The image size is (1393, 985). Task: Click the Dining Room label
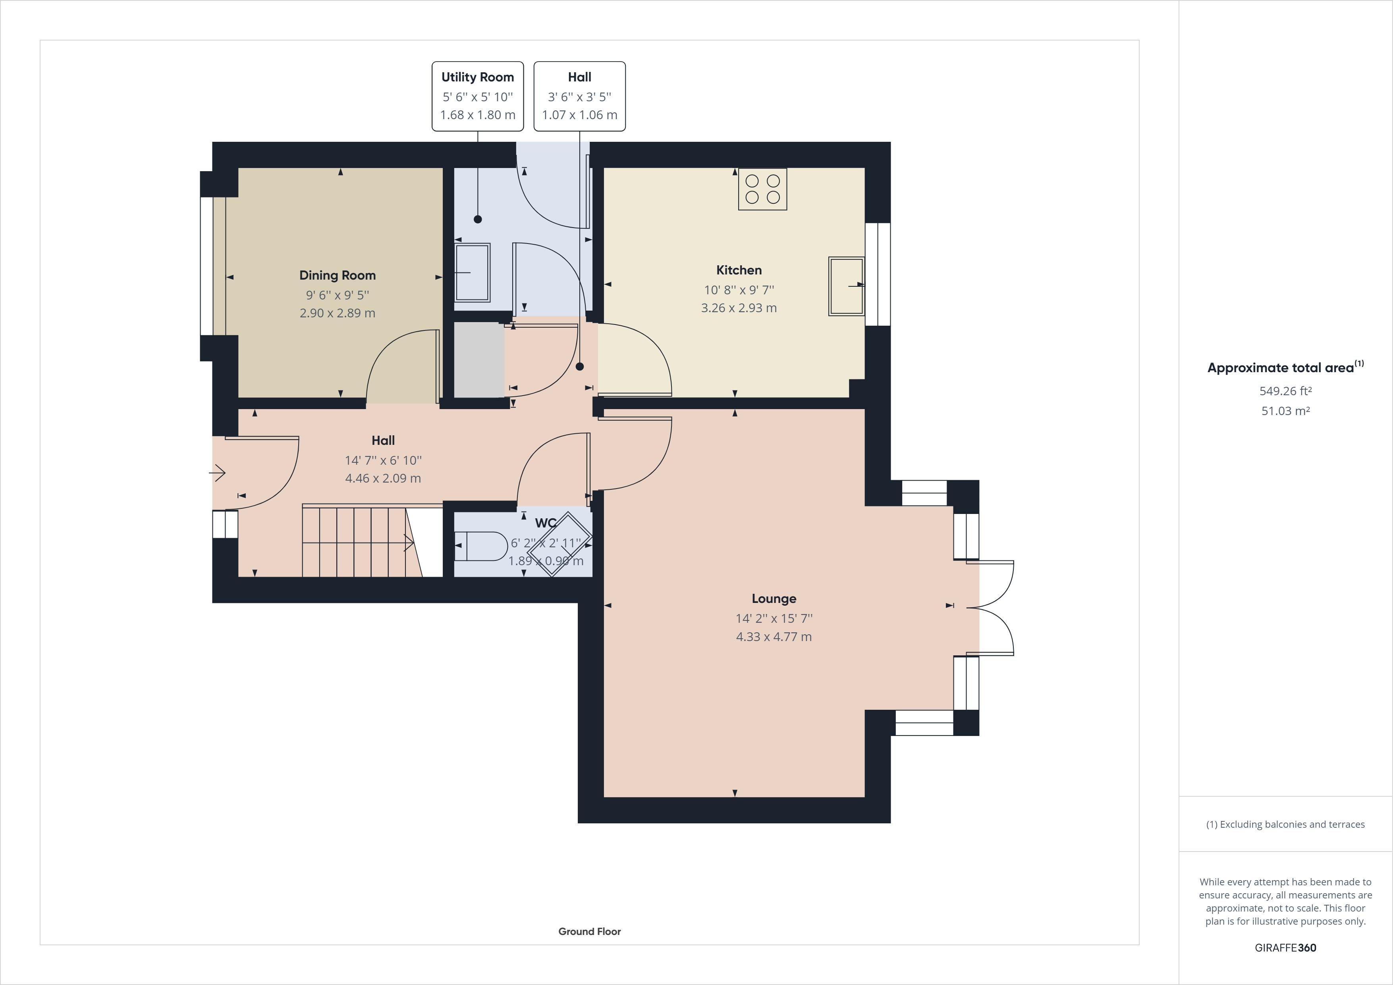(x=337, y=276)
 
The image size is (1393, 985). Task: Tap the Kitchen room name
(x=739, y=270)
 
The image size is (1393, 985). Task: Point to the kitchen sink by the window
(x=846, y=286)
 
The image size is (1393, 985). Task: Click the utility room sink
(x=473, y=272)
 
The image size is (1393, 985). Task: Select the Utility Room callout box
(x=477, y=96)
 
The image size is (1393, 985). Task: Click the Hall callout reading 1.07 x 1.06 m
(x=579, y=96)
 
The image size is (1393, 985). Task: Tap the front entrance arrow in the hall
(x=218, y=472)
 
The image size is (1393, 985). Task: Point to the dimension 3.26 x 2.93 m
(x=739, y=308)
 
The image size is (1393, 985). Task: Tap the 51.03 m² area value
(x=1286, y=411)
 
